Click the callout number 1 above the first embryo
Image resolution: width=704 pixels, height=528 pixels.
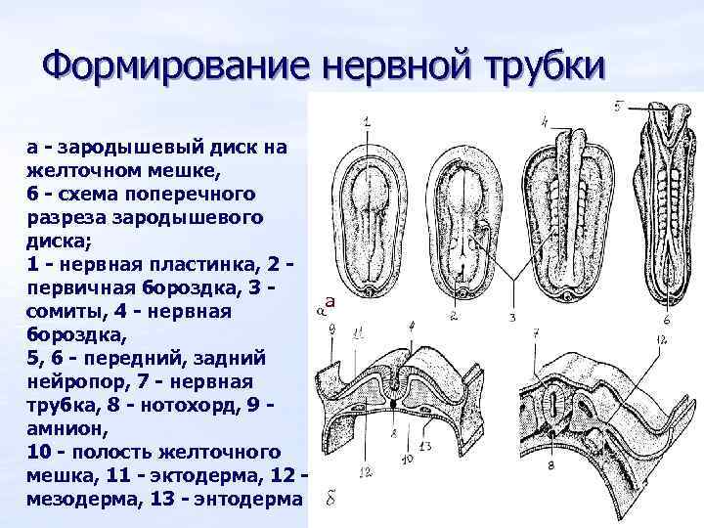point(366,121)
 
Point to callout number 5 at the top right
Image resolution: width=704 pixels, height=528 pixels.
point(619,106)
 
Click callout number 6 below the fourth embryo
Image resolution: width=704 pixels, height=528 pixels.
point(666,319)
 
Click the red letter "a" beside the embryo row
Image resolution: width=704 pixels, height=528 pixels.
point(330,303)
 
